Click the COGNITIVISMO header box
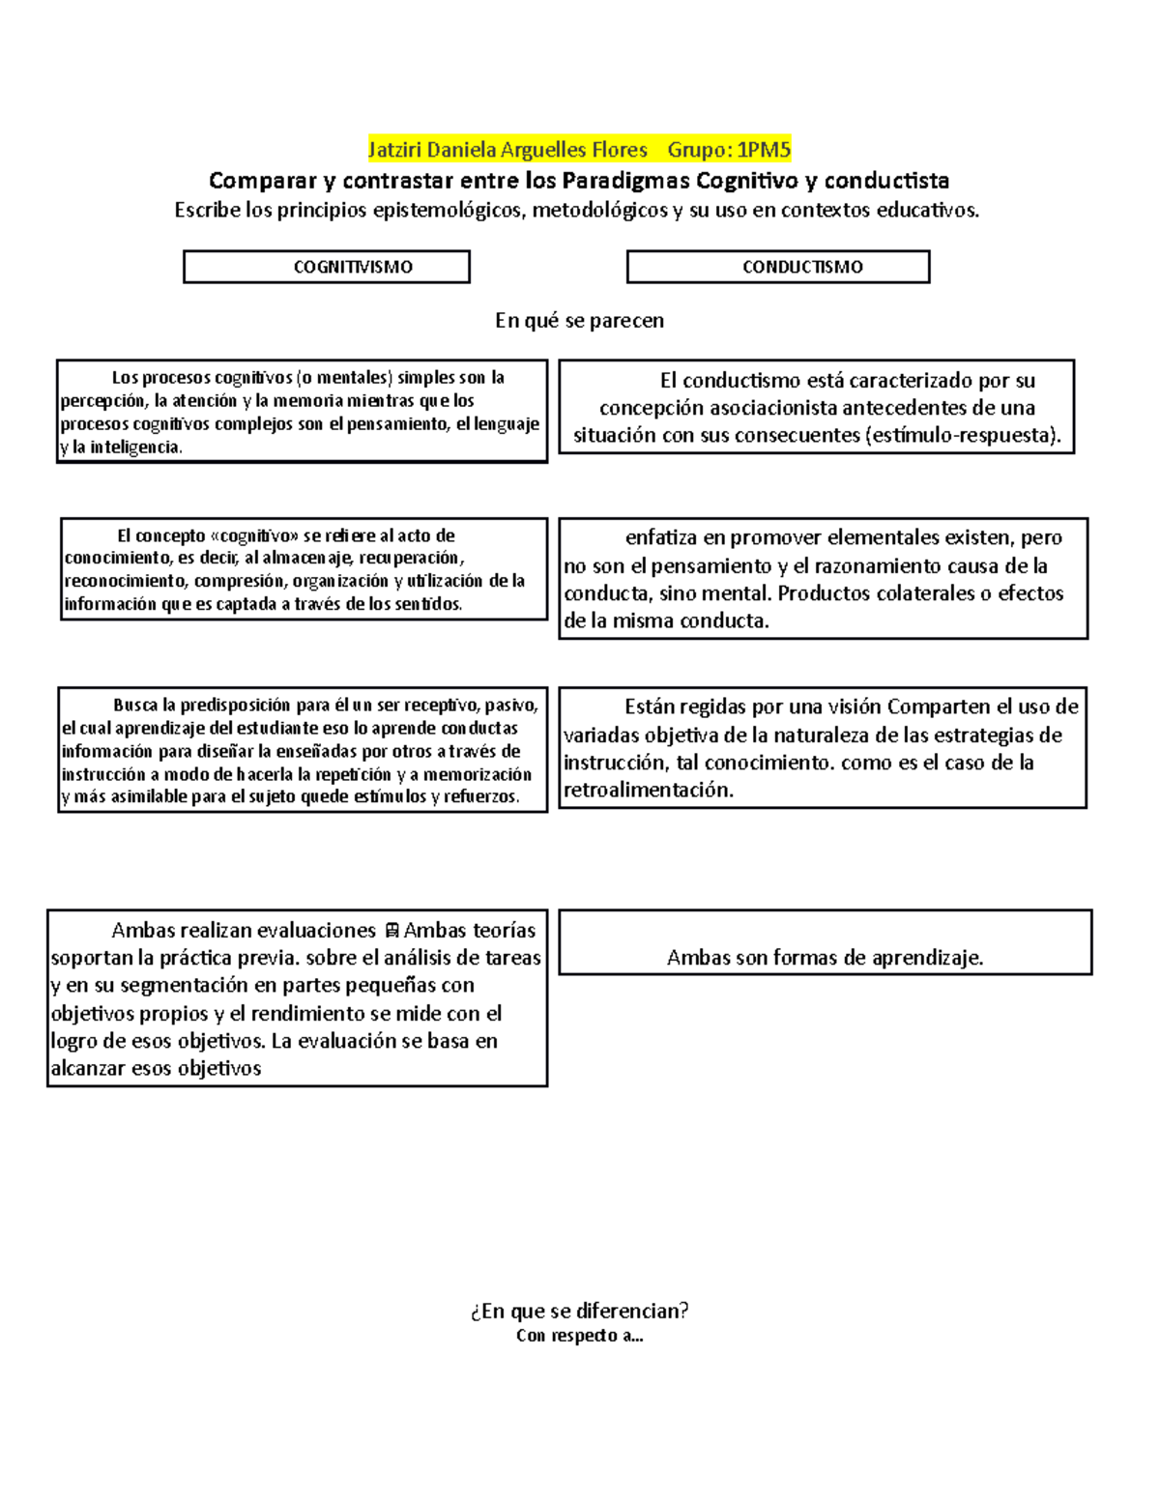click(x=326, y=267)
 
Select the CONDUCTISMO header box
click(x=777, y=267)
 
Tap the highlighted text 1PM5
click(x=763, y=150)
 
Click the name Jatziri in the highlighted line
click(x=395, y=150)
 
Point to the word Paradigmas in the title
click(x=625, y=181)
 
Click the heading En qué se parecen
click(x=579, y=321)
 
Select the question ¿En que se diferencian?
click(x=579, y=1311)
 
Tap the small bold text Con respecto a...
click(x=579, y=1336)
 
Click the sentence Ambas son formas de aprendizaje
click(x=825, y=958)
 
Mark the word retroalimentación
click(x=648, y=791)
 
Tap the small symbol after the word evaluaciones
click(x=391, y=932)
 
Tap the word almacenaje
click(x=307, y=559)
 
